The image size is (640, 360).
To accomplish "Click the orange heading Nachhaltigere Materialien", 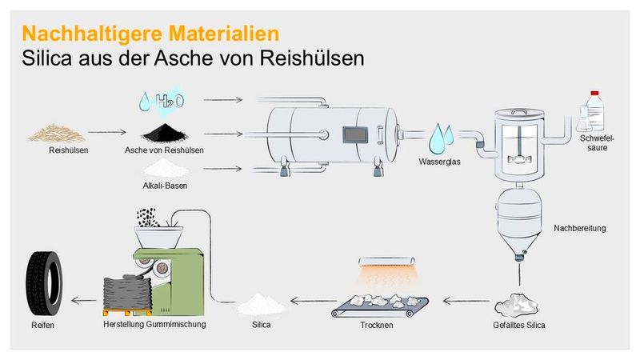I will (x=150, y=34).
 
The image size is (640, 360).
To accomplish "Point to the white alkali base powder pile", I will (x=164, y=167).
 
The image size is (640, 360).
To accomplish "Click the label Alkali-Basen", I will (x=164, y=186).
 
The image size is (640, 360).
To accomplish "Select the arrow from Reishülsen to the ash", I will (x=106, y=132).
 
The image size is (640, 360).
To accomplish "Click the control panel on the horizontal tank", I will (x=353, y=135).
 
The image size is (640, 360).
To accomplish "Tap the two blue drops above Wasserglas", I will (x=438, y=138).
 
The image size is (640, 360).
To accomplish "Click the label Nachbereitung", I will (x=579, y=229).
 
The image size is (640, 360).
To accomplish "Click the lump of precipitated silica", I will (x=517, y=306).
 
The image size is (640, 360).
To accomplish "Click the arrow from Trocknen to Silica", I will (x=311, y=302).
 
